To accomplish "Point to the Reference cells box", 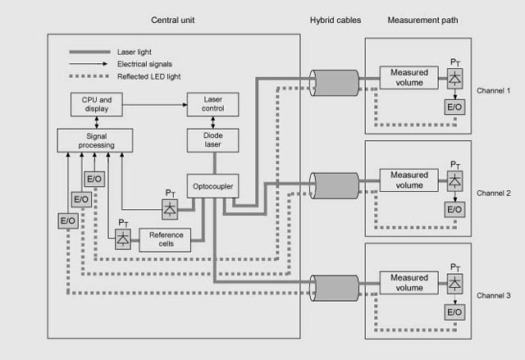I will tap(165, 239).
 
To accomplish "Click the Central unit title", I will tap(173, 18).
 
